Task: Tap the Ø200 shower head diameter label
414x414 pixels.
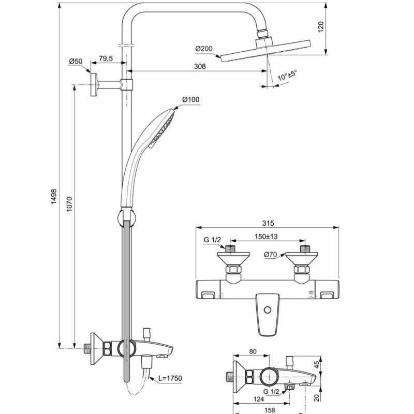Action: (x=204, y=49)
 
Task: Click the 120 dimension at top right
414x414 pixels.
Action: (x=320, y=27)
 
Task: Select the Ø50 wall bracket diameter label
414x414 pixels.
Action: (x=76, y=61)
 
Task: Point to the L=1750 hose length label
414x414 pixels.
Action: (x=170, y=379)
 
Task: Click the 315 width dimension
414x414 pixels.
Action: (x=267, y=223)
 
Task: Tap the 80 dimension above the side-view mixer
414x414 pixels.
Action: (x=253, y=352)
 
